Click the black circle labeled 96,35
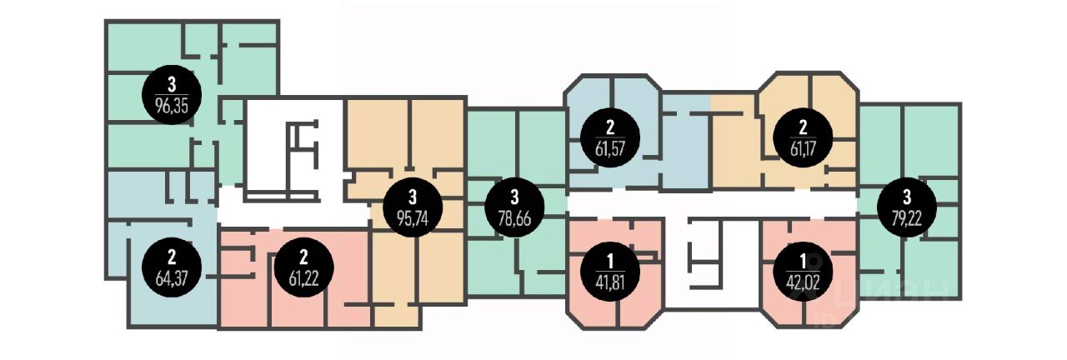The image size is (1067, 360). [x=172, y=95]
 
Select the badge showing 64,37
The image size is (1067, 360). [x=172, y=268]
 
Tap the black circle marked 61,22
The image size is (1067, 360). [x=304, y=267]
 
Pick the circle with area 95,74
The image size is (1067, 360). [x=413, y=207]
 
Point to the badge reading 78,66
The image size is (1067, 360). [x=514, y=207]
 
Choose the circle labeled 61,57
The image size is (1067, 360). [x=610, y=137]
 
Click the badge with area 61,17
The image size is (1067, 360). [x=803, y=137]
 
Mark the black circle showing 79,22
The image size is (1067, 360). [x=907, y=207]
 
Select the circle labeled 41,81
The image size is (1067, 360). [x=610, y=272]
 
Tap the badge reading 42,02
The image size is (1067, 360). [x=803, y=272]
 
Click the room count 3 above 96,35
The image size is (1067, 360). [x=172, y=85]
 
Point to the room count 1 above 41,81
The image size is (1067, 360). [x=610, y=262]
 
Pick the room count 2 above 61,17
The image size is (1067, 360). [x=803, y=127]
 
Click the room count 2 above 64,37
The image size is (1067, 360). [x=172, y=257]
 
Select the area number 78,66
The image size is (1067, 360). [x=514, y=218]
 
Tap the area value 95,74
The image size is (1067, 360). [x=413, y=218]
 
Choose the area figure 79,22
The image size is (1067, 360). [x=907, y=218]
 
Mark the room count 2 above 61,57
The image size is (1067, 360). [x=610, y=127]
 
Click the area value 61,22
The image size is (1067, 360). [x=304, y=278]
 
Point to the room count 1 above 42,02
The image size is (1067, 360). [x=803, y=262]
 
